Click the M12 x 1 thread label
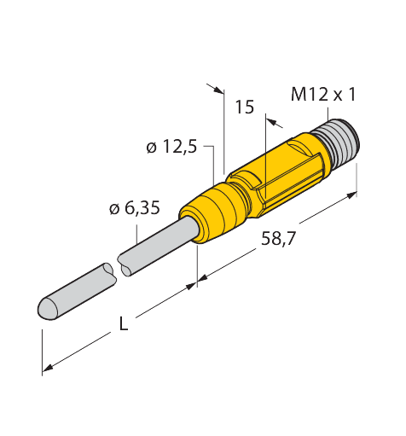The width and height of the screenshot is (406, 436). point(323,95)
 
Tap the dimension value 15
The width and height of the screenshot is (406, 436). point(245,108)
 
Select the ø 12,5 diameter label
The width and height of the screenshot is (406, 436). point(171,147)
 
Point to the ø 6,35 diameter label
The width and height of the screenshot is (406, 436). point(135,208)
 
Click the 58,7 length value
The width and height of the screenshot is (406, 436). point(279,239)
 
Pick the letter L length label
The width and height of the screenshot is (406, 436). point(123,323)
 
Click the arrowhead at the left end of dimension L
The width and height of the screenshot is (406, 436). point(47,368)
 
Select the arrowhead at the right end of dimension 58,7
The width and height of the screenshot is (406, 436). point(352,195)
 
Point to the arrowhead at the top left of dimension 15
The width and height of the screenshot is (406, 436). point(219,90)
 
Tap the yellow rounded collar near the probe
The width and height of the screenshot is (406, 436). point(212,212)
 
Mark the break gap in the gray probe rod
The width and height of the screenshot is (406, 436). point(117,267)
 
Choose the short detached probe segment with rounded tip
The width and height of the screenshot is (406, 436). point(77,293)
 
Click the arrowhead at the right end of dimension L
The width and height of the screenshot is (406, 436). point(192,286)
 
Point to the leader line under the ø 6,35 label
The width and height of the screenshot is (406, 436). point(137,234)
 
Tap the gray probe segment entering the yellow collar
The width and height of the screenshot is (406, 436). point(159,246)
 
